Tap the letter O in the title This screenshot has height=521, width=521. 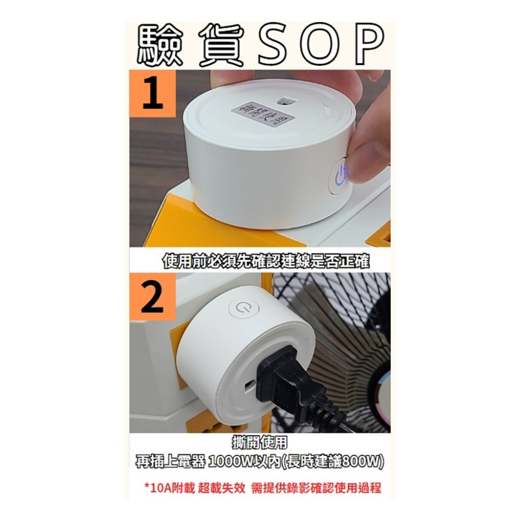point(321,46)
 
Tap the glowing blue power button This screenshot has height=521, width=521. point(339,176)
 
